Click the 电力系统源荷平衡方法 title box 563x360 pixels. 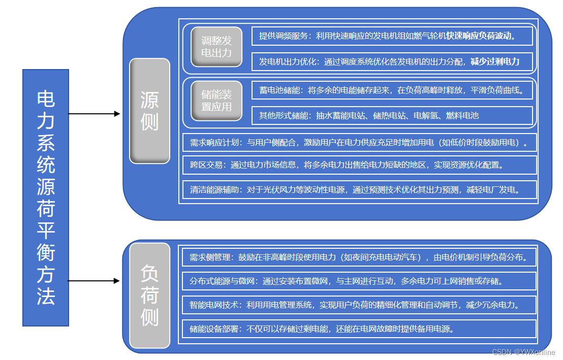pyautogui.click(x=46, y=198)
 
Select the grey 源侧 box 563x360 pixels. pyautogui.click(x=149, y=111)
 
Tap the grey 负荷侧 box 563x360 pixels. pyautogui.click(x=149, y=296)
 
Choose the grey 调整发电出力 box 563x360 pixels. pyautogui.click(x=216, y=46)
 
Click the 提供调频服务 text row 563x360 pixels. pyautogui.click(x=392, y=36)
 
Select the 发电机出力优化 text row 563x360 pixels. pyautogui.click(x=392, y=62)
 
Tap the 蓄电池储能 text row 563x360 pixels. pyautogui.click(x=392, y=90)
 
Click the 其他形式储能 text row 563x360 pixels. pyautogui.click(x=392, y=115)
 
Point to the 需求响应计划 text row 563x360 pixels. pyautogui.click(x=359, y=143)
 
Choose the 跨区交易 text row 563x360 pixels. pyautogui.click(x=359, y=165)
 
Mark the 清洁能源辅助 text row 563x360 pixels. pyautogui.click(x=359, y=190)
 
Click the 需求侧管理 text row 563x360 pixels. pyautogui.click(x=359, y=257)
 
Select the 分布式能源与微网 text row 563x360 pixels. pyautogui.click(x=359, y=281)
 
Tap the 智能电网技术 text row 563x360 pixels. pyautogui.click(x=359, y=305)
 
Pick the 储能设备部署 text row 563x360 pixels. pyautogui.click(x=359, y=329)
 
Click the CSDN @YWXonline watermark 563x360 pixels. pyautogui.click(x=524, y=352)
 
